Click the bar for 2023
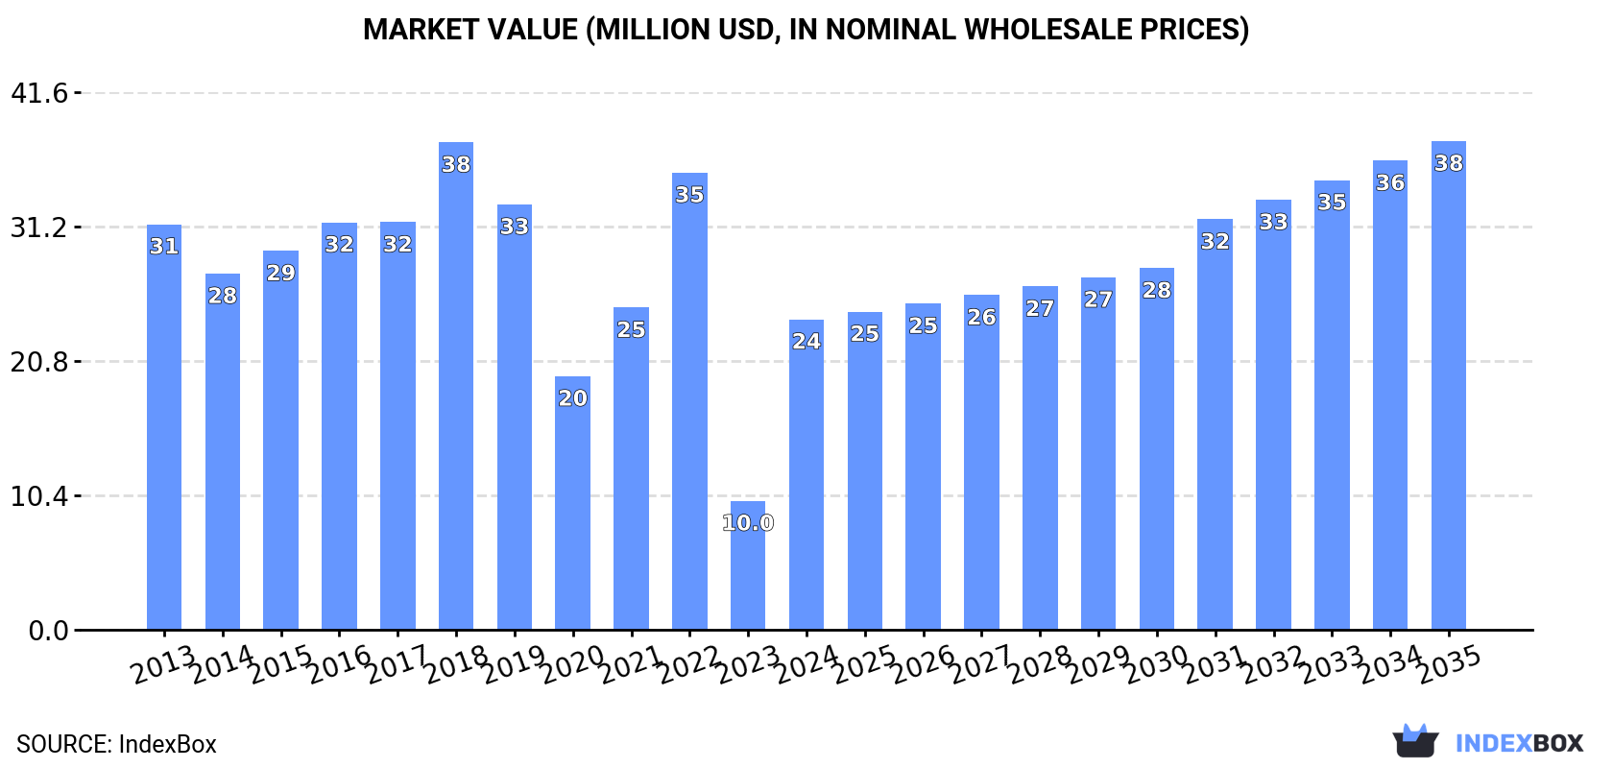coord(748,566)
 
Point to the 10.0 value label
coord(748,523)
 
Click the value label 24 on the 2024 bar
coord(806,341)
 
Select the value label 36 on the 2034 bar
coord(1389,182)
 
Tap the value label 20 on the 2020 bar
coord(572,397)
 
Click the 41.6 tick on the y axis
coord(39,93)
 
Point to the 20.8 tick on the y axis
coord(39,362)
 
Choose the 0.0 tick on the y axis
coord(48,631)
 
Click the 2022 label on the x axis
coord(689,664)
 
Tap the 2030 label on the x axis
coord(1156,664)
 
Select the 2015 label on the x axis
coord(280,664)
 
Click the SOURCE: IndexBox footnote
coord(116,744)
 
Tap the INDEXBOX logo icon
coord(1415,741)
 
